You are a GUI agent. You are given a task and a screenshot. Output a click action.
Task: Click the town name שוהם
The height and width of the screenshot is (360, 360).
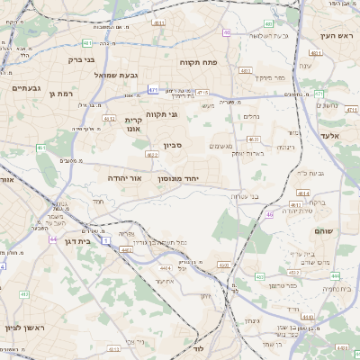click(324, 231)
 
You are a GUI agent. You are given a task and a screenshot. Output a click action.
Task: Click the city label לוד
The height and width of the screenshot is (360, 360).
click(198, 347)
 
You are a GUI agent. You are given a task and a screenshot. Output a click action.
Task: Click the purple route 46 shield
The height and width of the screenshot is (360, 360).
click(269, 215)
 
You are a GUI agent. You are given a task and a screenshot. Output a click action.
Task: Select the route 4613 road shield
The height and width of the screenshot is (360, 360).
click(254, 139)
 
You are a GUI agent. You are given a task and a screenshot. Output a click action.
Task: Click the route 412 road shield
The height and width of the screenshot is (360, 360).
click(110, 118)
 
